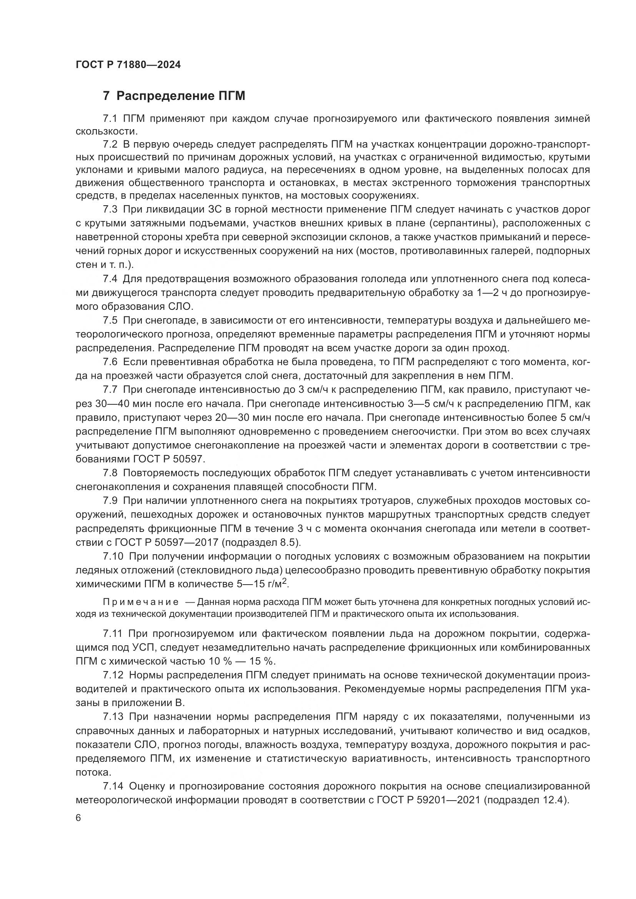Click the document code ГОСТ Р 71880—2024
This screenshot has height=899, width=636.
tap(128, 65)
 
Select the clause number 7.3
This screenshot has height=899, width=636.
tap(110, 209)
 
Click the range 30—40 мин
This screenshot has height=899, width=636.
tap(126, 404)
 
